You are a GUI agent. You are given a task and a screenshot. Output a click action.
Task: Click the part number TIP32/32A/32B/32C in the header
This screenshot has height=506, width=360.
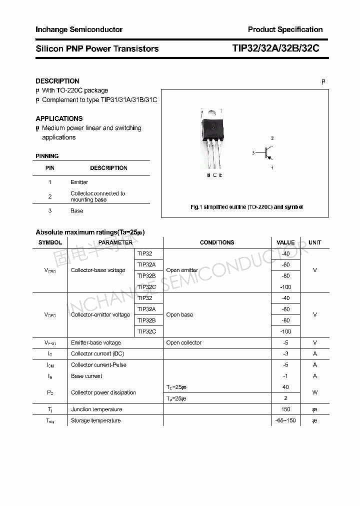pos(275,48)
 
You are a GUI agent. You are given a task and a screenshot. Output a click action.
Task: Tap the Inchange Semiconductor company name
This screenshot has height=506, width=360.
pos(79,29)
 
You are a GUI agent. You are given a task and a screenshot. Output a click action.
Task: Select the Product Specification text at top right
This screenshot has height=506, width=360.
pos(285,29)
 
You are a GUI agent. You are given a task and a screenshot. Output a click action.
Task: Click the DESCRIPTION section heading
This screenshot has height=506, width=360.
pos(57,81)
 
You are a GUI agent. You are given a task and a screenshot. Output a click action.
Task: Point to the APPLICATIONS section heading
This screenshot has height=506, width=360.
pos(59,118)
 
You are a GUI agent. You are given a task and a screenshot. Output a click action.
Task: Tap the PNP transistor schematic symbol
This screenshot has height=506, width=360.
pos(267,152)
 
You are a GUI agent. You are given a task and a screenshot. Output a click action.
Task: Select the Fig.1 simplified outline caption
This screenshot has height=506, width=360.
pos(246,207)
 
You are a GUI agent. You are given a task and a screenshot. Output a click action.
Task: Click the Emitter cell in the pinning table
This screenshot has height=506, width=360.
pos(79,182)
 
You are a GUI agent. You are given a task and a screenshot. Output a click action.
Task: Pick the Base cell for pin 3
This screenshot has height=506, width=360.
pos(77,211)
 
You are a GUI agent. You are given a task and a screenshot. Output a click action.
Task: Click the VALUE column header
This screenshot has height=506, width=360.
pos(285,242)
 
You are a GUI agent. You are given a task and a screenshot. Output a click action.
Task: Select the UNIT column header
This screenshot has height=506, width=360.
pos(315,242)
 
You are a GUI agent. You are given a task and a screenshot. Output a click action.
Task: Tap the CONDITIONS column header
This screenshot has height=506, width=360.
pos(217,242)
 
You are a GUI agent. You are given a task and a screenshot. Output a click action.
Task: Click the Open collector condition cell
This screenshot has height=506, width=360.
pos(184,343)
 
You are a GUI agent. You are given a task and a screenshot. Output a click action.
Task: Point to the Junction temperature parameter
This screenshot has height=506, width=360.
pos(96,409)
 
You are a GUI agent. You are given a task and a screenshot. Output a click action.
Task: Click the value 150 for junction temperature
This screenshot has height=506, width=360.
pos(285,409)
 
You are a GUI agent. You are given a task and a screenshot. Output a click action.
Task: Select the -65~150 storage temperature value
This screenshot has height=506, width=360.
pos(285,420)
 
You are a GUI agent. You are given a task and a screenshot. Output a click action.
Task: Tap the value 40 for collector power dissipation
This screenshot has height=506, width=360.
pos(285,387)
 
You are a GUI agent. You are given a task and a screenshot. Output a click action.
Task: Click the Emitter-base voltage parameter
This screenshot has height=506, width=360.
pos(96,343)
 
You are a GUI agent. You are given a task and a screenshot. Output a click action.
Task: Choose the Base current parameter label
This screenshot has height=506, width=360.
pos(86,376)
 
